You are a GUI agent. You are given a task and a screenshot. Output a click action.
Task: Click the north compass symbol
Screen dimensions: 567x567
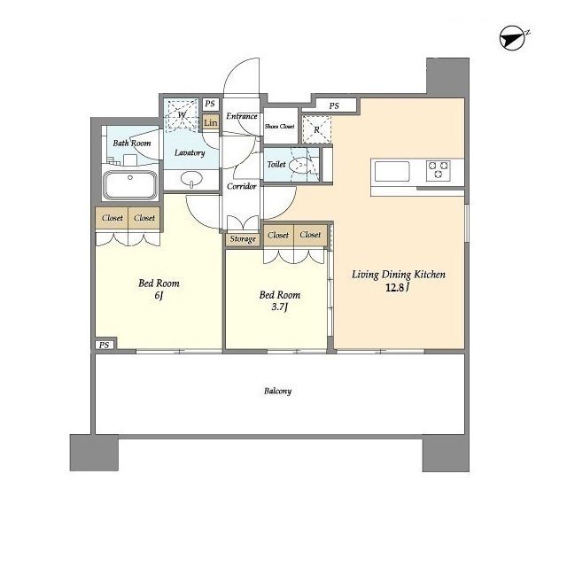[513, 38]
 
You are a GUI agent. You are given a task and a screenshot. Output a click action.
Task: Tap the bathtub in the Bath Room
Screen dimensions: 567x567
[130, 185]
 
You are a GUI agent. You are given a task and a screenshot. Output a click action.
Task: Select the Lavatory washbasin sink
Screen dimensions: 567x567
[191, 179]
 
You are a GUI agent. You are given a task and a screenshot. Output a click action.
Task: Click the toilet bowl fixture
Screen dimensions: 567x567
[301, 166]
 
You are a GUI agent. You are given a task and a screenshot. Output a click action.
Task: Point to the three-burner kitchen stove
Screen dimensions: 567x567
[439, 170]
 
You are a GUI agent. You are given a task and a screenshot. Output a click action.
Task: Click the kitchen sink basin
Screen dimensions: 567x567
[392, 171]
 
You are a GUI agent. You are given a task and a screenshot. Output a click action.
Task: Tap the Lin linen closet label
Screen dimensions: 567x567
[211, 123]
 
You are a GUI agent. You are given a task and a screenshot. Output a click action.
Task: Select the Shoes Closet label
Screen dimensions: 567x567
[280, 126]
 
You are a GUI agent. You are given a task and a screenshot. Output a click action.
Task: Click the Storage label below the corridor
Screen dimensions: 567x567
[243, 239]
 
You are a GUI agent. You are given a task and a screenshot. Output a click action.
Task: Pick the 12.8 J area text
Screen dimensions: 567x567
[398, 288]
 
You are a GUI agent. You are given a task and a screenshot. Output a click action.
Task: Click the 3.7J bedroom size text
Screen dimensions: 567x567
[280, 307]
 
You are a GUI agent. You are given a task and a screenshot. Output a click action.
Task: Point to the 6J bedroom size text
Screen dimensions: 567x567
[159, 296]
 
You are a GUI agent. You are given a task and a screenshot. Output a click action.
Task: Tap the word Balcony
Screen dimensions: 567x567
[277, 391]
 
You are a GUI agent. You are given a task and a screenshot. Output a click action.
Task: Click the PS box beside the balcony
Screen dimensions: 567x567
[105, 345]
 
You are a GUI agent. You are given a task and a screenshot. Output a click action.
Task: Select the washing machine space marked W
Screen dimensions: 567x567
[182, 115]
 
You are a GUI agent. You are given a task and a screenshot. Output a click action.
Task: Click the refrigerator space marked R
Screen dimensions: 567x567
[317, 129]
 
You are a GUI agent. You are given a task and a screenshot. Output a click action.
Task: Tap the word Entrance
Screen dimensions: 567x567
[242, 116]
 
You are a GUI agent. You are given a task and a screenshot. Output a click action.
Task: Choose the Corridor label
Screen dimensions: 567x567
[242, 186]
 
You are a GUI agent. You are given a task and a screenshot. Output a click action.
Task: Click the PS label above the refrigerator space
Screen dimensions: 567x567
[334, 106]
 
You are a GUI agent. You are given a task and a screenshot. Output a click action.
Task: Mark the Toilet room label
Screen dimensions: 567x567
[276, 164]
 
